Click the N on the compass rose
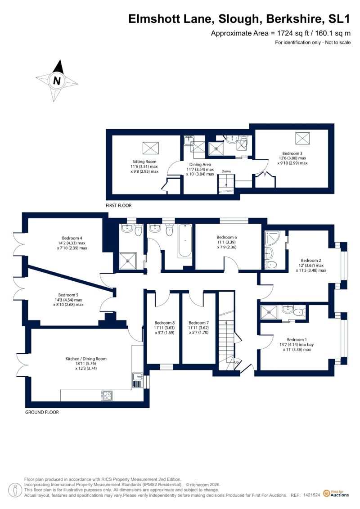[x=57, y=81]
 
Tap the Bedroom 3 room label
[x=292, y=153]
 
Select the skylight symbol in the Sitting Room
[x=151, y=148]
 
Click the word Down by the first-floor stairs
[x=226, y=171]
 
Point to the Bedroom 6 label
[x=227, y=237]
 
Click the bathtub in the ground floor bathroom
[x=185, y=240]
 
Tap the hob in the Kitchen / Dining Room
[x=107, y=396]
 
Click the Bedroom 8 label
[x=165, y=323]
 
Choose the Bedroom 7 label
[x=198, y=323]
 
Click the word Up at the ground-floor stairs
[x=236, y=362]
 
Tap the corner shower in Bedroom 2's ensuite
[x=271, y=238]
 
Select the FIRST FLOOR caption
[x=119, y=206]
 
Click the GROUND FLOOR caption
[x=42, y=412]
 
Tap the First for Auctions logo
[x=336, y=494]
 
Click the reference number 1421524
[x=312, y=495]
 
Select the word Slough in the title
[x=239, y=19]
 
